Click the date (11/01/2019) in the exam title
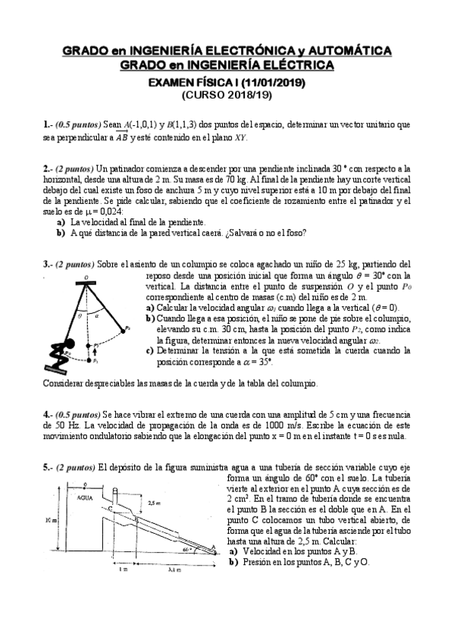point(278,83)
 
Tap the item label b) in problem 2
point(61,233)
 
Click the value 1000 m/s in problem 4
point(246,425)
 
